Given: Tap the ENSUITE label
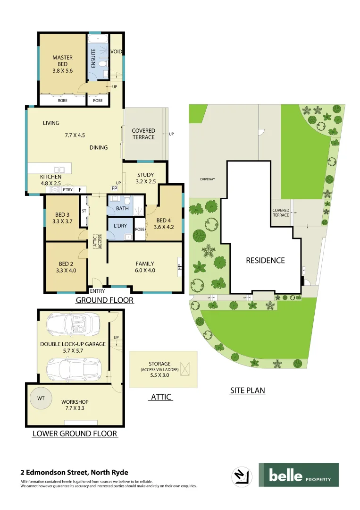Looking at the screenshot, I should click(x=93, y=57).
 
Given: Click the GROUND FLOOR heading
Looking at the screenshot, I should click(x=105, y=300).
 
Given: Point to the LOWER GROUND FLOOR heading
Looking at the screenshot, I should click(x=75, y=433).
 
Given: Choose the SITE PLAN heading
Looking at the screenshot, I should click(x=247, y=391).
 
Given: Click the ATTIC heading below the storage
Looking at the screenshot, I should click(x=161, y=397).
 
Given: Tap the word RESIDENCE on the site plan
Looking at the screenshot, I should click(x=265, y=260).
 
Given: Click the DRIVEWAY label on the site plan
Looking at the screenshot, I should click(x=208, y=179).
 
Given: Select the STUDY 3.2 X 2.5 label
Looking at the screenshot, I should click(x=146, y=178).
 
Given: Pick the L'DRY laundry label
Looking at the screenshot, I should click(x=120, y=226).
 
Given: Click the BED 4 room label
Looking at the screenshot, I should click(x=163, y=223).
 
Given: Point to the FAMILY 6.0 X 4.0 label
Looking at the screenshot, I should click(x=145, y=267).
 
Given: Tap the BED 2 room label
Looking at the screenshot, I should click(x=66, y=267).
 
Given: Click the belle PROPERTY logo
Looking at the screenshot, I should click(x=298, y=475).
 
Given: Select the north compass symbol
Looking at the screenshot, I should click(x=241, y=475).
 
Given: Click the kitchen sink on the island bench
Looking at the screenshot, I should click(x=59, y=169).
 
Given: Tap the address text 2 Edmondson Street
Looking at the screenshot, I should click(x=74, y=472).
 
